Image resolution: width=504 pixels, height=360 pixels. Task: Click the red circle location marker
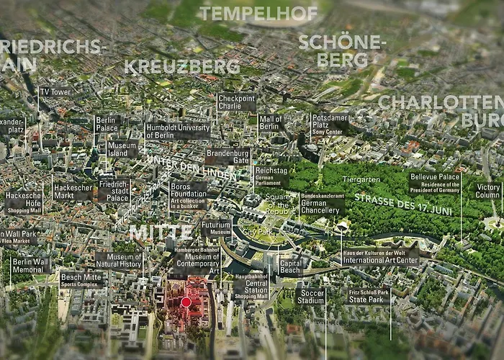(186, 302)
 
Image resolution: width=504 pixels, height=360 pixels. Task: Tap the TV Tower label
(55, 92)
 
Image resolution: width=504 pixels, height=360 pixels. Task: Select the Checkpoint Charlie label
(236, 103)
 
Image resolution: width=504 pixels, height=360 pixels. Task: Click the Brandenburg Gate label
(228, 156)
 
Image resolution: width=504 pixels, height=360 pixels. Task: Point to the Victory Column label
(488, 190)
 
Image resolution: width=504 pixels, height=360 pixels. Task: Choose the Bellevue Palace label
(435, 183)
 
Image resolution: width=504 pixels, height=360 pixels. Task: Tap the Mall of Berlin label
(269, 123)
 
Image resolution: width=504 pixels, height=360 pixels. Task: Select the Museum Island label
(122, 149)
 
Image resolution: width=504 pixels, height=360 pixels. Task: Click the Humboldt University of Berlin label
(177, 130)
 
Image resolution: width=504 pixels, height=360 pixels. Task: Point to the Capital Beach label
(289, 267)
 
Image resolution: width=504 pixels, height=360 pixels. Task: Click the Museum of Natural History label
(119, 260)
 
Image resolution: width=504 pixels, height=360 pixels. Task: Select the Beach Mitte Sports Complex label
(81, 279)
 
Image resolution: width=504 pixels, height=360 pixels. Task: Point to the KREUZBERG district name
(181, 66)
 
